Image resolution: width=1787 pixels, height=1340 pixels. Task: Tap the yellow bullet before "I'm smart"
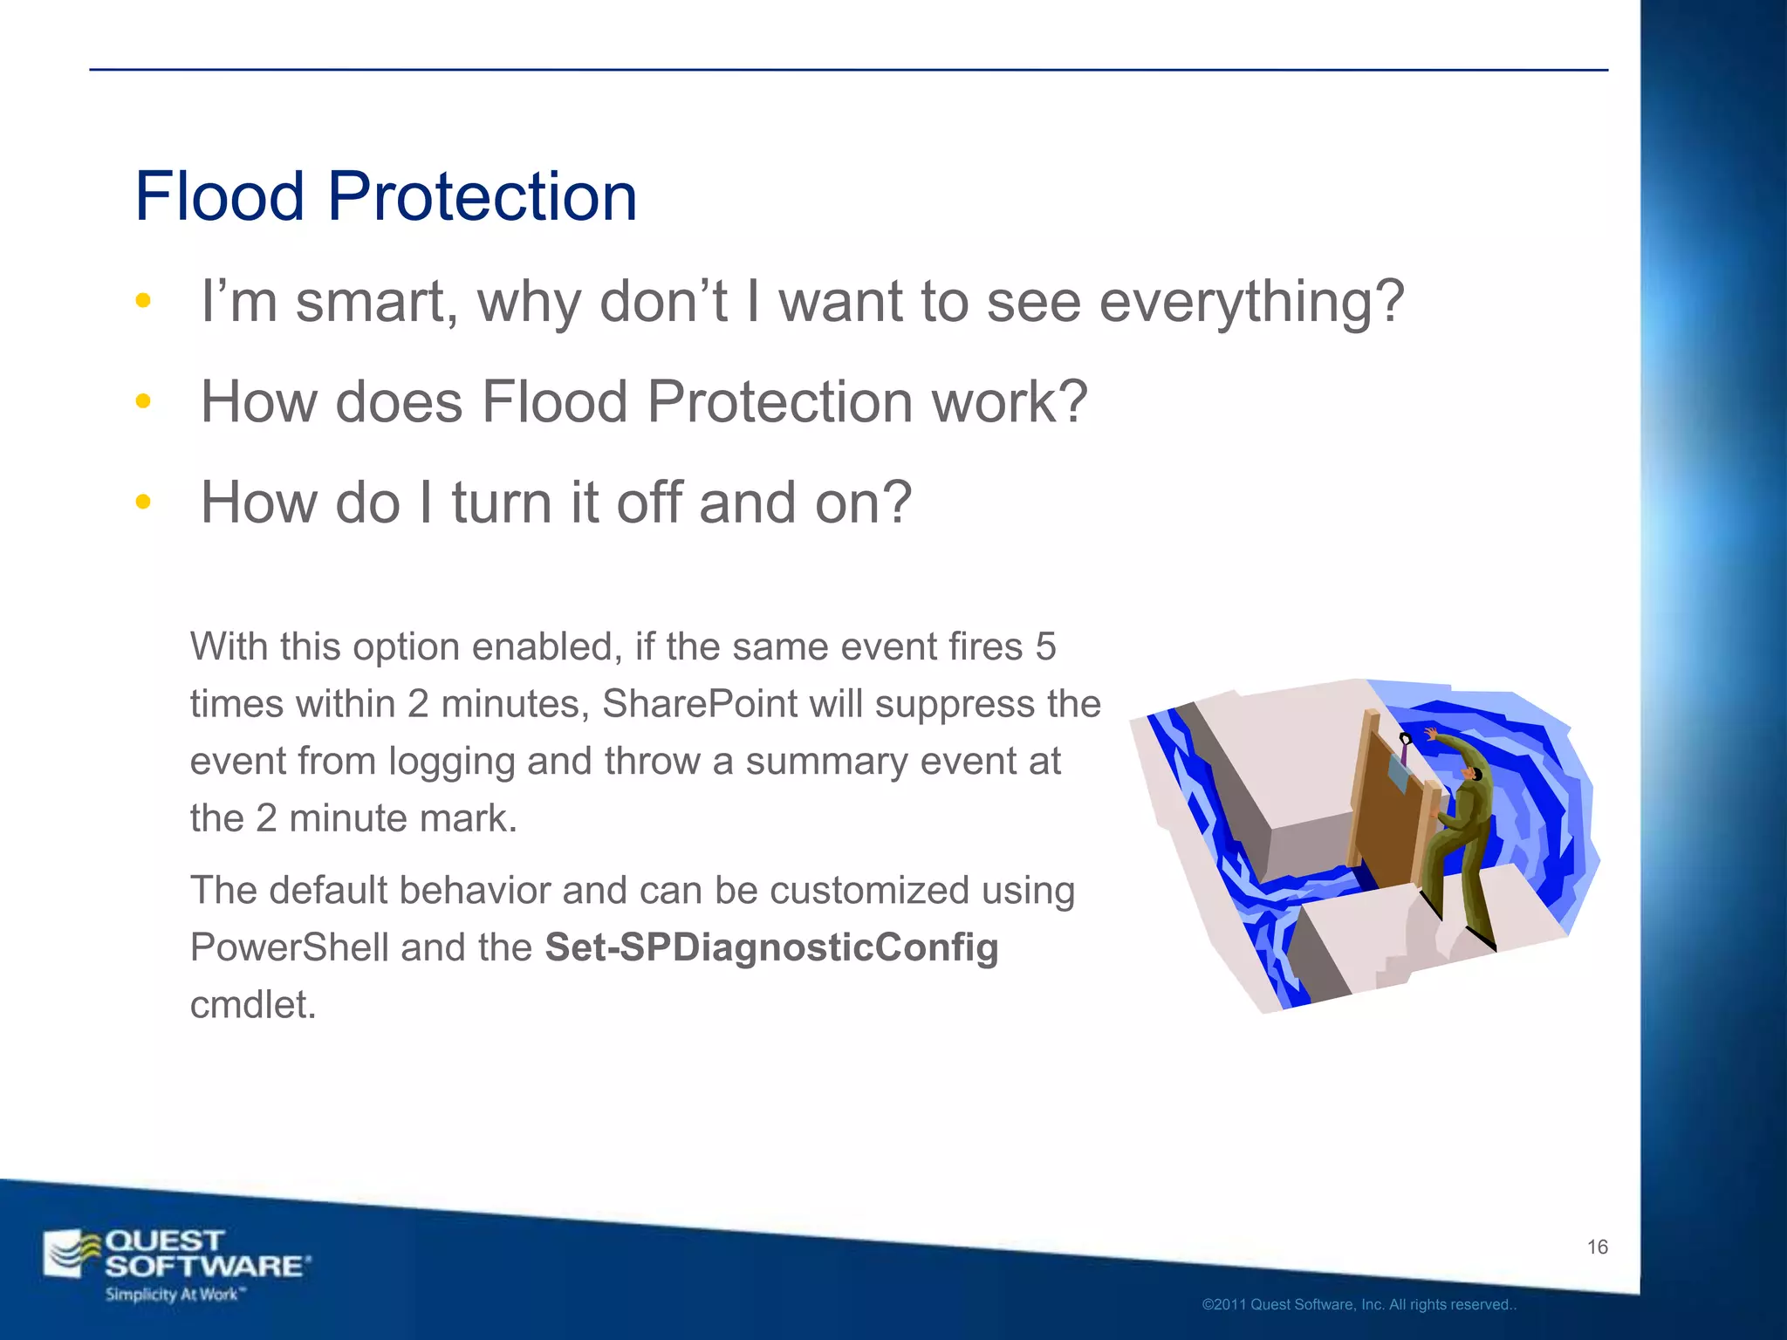point(143,301)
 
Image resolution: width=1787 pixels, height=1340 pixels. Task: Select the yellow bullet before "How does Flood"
point(143,401)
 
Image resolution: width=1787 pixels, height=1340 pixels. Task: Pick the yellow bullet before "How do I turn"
point(143,502)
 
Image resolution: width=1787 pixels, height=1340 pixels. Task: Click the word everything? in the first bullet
point(1251,302)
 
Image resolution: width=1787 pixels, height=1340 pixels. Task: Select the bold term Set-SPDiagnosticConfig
point(771,947)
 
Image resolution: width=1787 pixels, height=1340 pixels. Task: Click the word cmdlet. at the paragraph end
point(253,1004)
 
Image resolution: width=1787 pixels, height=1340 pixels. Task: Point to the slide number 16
point(1597,1247)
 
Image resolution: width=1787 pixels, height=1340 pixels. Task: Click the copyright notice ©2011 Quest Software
point(1359,1304)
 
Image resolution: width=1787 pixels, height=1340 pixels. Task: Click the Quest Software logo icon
point(72,1254)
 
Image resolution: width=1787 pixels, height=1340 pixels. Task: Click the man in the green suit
point(1462,829)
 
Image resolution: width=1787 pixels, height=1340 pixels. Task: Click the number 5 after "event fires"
point(1045,646)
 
